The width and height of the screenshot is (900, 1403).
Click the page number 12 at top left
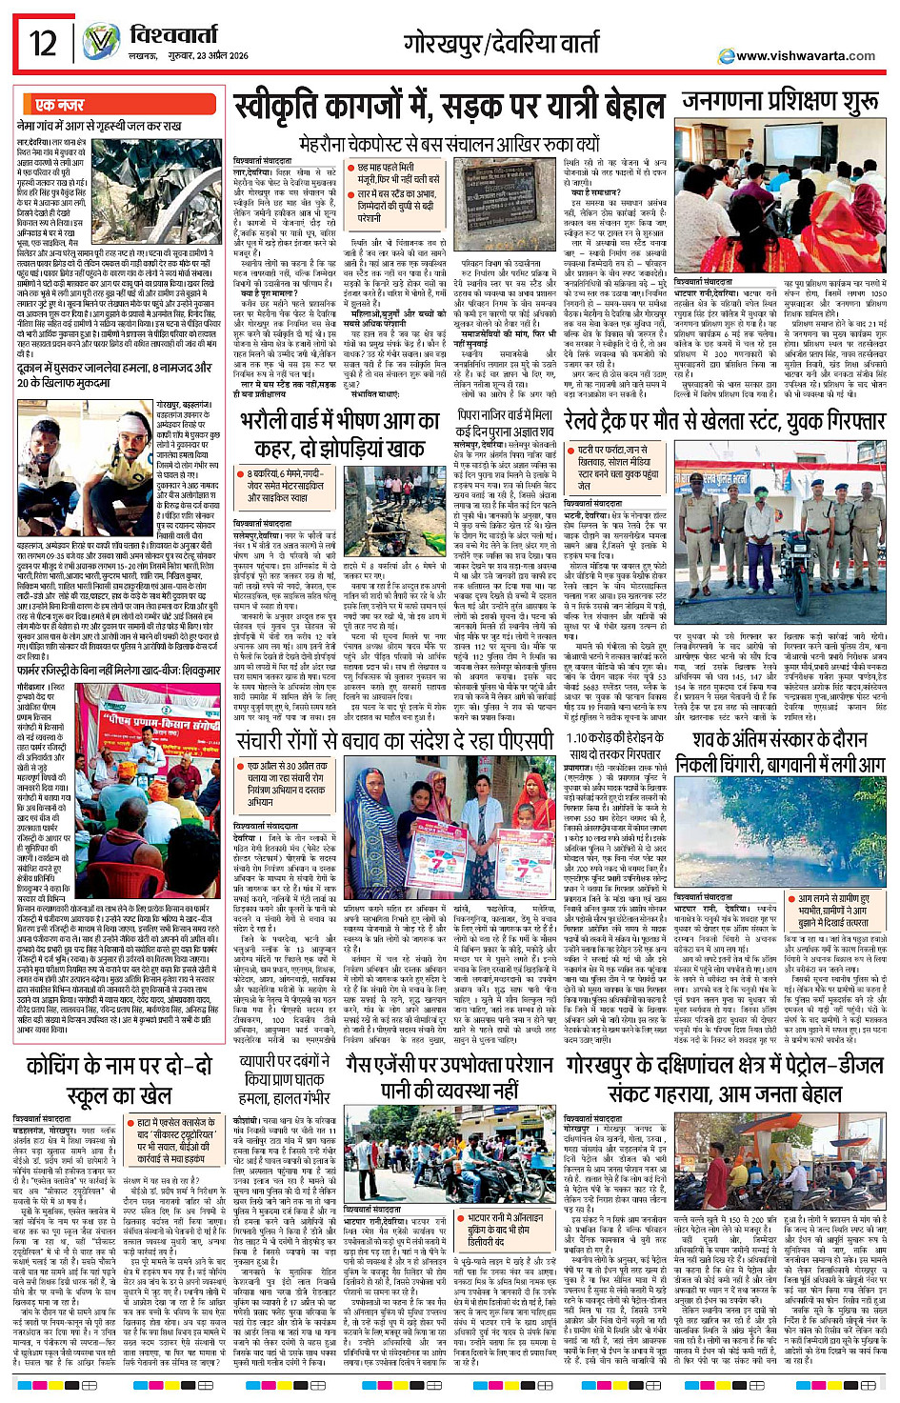tap(42, 44)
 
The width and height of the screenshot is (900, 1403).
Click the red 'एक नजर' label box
tap(60, 105)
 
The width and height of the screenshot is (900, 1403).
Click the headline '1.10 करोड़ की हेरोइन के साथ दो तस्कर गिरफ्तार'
tap(614, 746)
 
